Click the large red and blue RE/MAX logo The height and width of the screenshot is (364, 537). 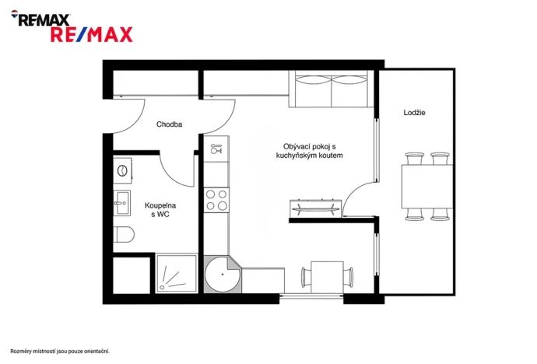pos(91,34)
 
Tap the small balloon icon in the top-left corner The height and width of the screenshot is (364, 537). pos(15,18)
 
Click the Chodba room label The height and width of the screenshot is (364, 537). pos(169,124)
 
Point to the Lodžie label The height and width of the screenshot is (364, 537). pos(414,113)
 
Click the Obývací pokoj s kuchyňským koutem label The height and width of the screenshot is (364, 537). pos(309,151)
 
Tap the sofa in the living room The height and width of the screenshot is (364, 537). pos(332,90)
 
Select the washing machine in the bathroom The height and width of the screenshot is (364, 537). pos(122,170)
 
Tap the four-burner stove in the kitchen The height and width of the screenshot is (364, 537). pos(216,200)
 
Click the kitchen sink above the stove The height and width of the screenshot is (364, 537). pos(216,147)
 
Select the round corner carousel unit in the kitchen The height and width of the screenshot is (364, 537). pos(223,273)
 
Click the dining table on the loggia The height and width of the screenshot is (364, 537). pos(428,187)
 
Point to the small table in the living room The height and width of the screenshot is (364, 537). pos(327,275)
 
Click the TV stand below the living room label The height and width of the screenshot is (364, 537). pos(314,208)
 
